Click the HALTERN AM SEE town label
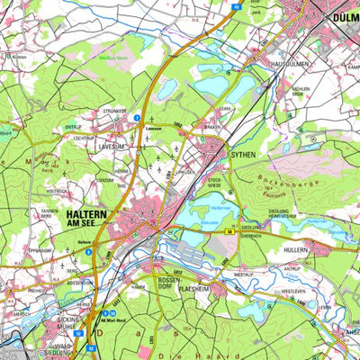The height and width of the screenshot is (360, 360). pyautogui.click(x=87, y=220)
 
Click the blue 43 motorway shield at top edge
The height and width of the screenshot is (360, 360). pyautogui.click(x=236, y=5)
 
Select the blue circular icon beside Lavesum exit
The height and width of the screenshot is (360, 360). pyautogui.click(x=137, y=117)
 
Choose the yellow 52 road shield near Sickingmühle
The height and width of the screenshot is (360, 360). pyautogui.click(x=78, y=332)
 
